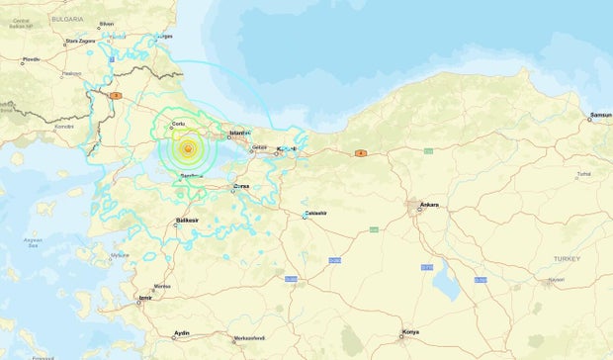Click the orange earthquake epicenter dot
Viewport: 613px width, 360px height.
pos(187,148)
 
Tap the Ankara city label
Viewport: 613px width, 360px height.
pos(428,205)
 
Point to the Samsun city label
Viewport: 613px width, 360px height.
pos(600,116)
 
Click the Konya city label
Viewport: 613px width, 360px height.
pos(409,332)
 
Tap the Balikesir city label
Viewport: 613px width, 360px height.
pos(188,220)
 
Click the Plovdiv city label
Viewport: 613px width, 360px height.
pos(31,60)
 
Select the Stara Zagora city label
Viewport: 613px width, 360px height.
pos(78,42)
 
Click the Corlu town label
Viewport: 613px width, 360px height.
pos(179,124)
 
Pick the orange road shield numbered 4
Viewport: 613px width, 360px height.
pos(361,153)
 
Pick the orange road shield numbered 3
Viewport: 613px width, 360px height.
pos(115,95)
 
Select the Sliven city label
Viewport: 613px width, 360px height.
pos(107,23)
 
